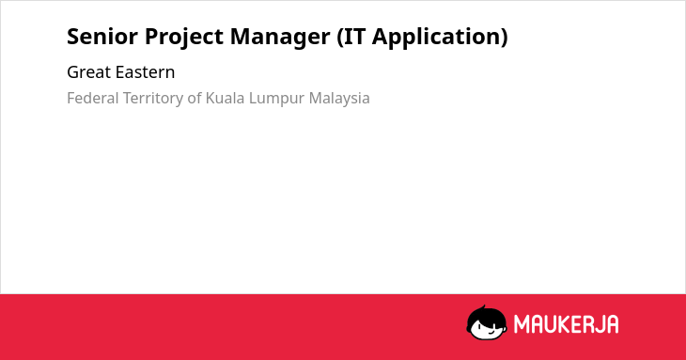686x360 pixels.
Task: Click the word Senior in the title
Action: (102, 37)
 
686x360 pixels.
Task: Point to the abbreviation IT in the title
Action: (353, 37)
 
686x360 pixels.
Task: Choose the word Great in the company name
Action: (88, 72)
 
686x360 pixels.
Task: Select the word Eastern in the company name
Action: (145, 72)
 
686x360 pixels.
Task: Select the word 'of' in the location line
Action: (195, 98)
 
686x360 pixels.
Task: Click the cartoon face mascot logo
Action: (487, 322)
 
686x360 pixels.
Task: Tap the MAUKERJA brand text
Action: (566, 324)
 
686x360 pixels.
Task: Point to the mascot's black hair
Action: (486, 314)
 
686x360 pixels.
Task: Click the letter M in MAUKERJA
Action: (521, 324)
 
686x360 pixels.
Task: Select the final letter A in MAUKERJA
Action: (612, 324)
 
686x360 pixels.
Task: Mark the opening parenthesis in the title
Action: (340, 38)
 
